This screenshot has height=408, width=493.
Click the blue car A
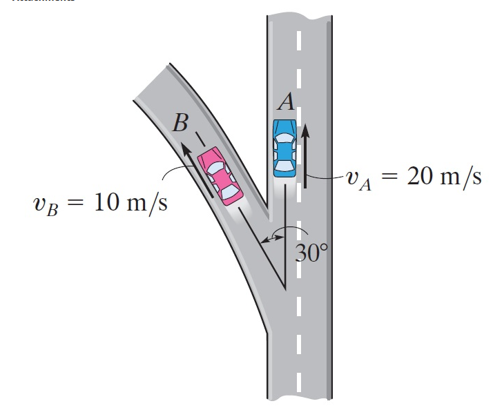pyautogui.click(x=284, y=148)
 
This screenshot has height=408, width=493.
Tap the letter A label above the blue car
pyautogui.click(x=287, y=102)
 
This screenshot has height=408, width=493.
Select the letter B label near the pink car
pyautogui.click(x=181, y=124)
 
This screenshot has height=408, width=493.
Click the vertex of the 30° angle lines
pyautogui.click(x=286, y=289)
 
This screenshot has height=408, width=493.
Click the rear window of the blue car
pyautogui.click(x=284, y=165)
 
